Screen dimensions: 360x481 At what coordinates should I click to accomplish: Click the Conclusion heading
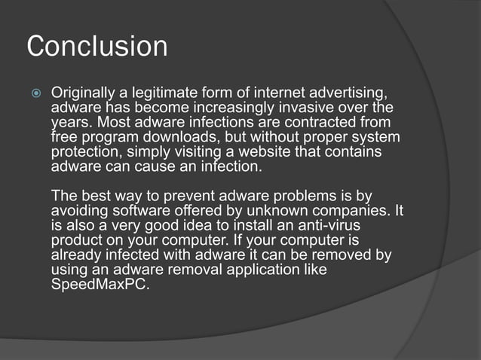[x=97, y=47]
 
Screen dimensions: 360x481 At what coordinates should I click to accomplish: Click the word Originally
[x=84, y=93]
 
